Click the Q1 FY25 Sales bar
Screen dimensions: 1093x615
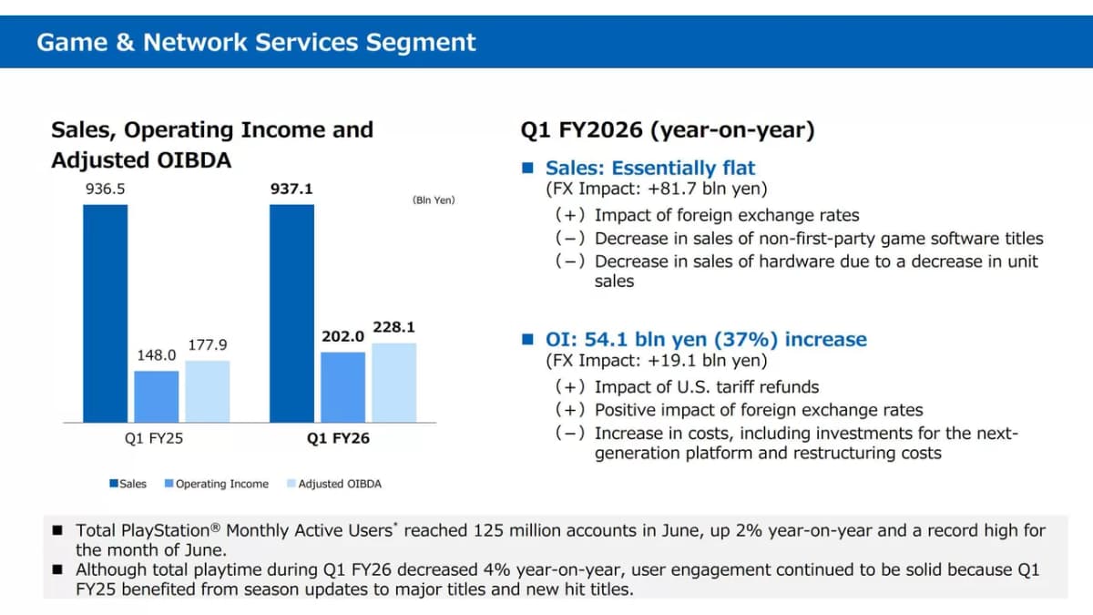(x=106, y=313)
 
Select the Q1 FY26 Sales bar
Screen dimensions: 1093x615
(x=291, y=313)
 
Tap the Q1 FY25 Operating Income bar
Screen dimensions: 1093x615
(x=157, y=397)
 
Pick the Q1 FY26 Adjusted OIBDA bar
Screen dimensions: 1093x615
(x=394, y=383)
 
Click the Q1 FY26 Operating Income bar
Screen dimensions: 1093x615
(x=343, y=387)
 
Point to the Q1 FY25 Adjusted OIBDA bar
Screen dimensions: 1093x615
(x=208, y=392)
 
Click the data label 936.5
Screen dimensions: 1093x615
(x=106, y=189)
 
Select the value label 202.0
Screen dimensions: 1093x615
(x=343, y=336)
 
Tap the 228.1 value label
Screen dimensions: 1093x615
(x=394, y=327)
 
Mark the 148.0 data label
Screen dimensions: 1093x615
(x=157, y=355)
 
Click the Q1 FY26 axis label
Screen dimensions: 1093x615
(x=338, y=438)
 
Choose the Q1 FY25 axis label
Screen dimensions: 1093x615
(x=154, y=438)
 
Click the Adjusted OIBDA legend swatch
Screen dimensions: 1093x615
(x=291, y=484)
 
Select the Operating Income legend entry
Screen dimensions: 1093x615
(x=217, y=484)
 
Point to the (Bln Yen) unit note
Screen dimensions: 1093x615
(x=434, y=200)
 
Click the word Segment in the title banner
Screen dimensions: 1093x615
(x=421, y=43)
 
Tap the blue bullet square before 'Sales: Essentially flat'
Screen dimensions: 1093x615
(x=527, y=168)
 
